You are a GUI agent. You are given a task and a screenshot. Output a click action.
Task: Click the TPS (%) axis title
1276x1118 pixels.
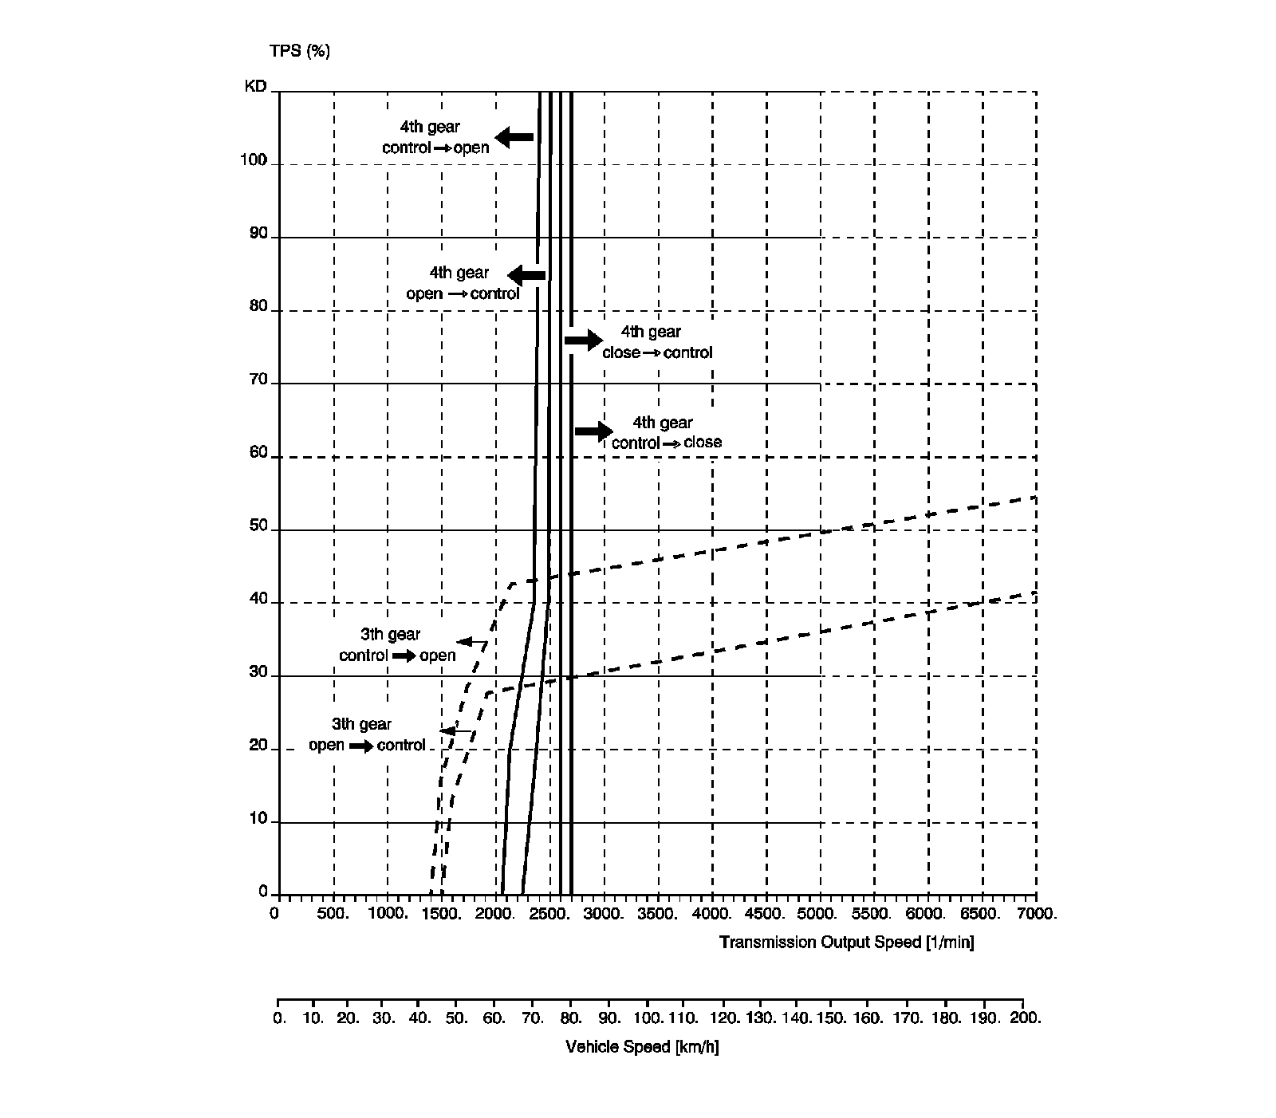pyautogui.click(x=299, y=51)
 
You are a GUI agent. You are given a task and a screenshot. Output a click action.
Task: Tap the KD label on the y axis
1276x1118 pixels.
pyautogui.click(x=255, y=86)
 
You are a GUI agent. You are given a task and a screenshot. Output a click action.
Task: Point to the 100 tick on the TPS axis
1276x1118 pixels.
pyautogui.click(x=254, y=160)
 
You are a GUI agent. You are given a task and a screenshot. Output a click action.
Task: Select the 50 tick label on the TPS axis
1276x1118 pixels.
pyautogui.click(x=258, y=526)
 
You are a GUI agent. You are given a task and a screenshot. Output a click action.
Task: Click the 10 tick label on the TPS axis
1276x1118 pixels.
pyautogui.click(x=258, y=817)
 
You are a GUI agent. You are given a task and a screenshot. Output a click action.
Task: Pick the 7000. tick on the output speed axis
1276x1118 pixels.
pyautogui.click(x=1038, y=914)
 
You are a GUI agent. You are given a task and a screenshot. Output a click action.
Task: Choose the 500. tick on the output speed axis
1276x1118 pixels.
pyautogui.click(x=333, y=914)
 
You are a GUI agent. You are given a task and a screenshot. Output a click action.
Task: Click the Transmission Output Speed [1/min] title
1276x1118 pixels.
pyautogui.click(x=846, y=943)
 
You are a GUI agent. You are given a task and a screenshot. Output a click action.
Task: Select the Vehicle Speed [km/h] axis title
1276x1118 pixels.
pyautogui.click(x=642, y=1047)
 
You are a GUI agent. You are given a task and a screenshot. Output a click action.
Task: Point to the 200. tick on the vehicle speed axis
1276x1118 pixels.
pyautogui.click(x=1024, y=1018)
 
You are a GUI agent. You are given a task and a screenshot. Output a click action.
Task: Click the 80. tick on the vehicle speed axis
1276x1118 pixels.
pyautogui.click(x=570, y=1018)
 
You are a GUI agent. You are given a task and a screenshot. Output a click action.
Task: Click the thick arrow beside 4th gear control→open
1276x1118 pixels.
pyautogui.click(x=514, y=137)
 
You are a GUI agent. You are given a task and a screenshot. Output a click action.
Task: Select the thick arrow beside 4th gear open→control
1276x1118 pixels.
pyautogui.click(x=526, y=276)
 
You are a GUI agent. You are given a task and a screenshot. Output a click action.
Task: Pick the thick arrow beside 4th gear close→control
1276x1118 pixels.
pyautogui.click(x=584, y=341)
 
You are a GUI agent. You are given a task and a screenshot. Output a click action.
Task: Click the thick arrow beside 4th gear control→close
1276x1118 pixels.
pyautogui.click(x=593, y=431)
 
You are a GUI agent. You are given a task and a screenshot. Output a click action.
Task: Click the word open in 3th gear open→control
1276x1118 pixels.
pyautogui.click(x=326, y=746)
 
